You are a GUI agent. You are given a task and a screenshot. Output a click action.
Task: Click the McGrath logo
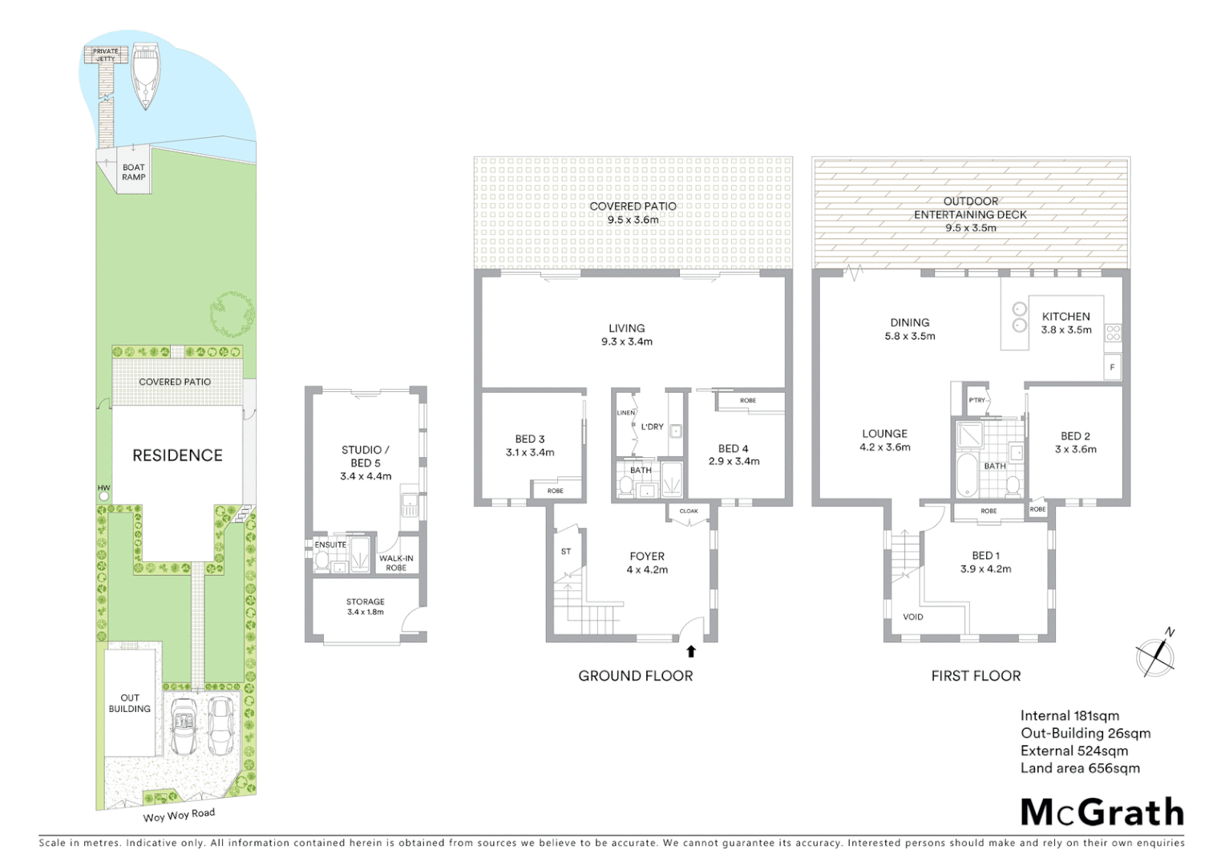tap(1102, 812)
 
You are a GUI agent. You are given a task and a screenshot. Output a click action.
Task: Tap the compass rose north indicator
tap(1157, 656)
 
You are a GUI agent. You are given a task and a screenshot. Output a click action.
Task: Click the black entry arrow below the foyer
tap(691, 651)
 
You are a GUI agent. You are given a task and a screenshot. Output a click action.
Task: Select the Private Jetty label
tap(105, 55)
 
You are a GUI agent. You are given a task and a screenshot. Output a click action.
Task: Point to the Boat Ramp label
tap(134, 172)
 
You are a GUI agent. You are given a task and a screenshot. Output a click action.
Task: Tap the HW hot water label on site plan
tap(103, 488)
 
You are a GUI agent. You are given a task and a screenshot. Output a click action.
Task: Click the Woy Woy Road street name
tap(179, 815)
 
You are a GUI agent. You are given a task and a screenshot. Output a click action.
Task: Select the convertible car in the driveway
tap(184, 726)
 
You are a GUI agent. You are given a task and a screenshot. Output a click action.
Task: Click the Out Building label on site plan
tap(130, 703)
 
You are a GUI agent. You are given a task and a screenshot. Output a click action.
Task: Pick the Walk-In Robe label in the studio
tap(396, 563)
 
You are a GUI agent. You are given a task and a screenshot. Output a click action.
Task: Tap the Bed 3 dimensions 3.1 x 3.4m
tap(530, 452)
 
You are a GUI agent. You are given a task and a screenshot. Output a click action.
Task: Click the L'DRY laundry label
tap(652, 427)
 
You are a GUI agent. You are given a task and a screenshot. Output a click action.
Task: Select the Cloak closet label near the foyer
tap(689, 511)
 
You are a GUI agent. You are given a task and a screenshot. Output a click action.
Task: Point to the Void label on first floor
tap(912, 617)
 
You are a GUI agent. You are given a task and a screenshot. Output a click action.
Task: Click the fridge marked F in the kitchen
tap(1112, 367)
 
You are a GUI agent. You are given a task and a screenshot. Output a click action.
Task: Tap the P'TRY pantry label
tap(976, 400)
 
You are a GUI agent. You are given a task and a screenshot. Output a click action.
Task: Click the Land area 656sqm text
tap(1080, 768)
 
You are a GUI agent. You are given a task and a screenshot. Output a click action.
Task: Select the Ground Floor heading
tap(635, 676)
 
